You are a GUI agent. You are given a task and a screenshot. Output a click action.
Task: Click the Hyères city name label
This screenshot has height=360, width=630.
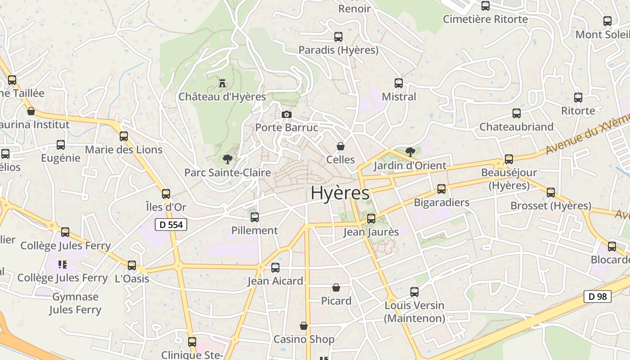coord(340,193)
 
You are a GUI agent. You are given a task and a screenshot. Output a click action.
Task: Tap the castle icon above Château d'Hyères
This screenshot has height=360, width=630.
coord(222,83)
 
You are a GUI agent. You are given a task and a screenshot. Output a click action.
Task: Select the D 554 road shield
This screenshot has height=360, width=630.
coord(171,225)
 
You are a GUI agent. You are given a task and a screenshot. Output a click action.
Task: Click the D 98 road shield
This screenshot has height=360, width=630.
coord(597,297)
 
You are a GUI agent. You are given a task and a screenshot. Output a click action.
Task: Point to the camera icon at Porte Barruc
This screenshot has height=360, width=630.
coord(286,115)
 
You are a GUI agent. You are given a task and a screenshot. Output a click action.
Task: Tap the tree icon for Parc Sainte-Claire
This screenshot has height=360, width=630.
coord(227,159)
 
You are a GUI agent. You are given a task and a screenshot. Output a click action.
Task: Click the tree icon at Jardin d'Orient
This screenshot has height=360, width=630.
coord(410,152)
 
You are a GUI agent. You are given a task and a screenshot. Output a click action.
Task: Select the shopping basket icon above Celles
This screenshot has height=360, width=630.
coord(341,146)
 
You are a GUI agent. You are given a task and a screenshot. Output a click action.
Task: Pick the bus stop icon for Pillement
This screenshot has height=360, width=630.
coord(255,217)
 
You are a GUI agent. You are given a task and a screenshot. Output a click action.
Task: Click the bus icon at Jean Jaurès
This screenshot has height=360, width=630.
coord(371,219)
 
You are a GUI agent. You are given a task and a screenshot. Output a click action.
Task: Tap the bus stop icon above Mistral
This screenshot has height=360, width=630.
coord(399,83)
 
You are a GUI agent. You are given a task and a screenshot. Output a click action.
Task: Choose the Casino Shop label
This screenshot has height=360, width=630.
coord(304,339)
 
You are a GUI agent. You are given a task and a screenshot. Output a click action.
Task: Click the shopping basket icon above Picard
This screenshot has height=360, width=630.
coord(336,288)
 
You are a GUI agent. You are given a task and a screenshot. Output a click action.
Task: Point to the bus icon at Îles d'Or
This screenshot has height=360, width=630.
coord(166,194)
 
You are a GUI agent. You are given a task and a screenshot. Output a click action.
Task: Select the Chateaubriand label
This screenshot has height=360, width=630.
coord(516,127)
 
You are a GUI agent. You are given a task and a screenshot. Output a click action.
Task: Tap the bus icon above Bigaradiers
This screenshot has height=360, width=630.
coord(441,189)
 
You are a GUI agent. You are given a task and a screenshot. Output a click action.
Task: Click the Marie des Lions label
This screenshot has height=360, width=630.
coord(124,149)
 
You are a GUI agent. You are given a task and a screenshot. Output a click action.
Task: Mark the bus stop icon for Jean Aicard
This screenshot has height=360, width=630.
coord(275,268)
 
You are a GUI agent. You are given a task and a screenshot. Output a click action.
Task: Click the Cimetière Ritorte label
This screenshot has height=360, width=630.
coord(485,19)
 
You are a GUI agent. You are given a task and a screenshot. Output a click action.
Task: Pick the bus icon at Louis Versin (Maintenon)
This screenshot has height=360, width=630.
coord(414,292)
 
